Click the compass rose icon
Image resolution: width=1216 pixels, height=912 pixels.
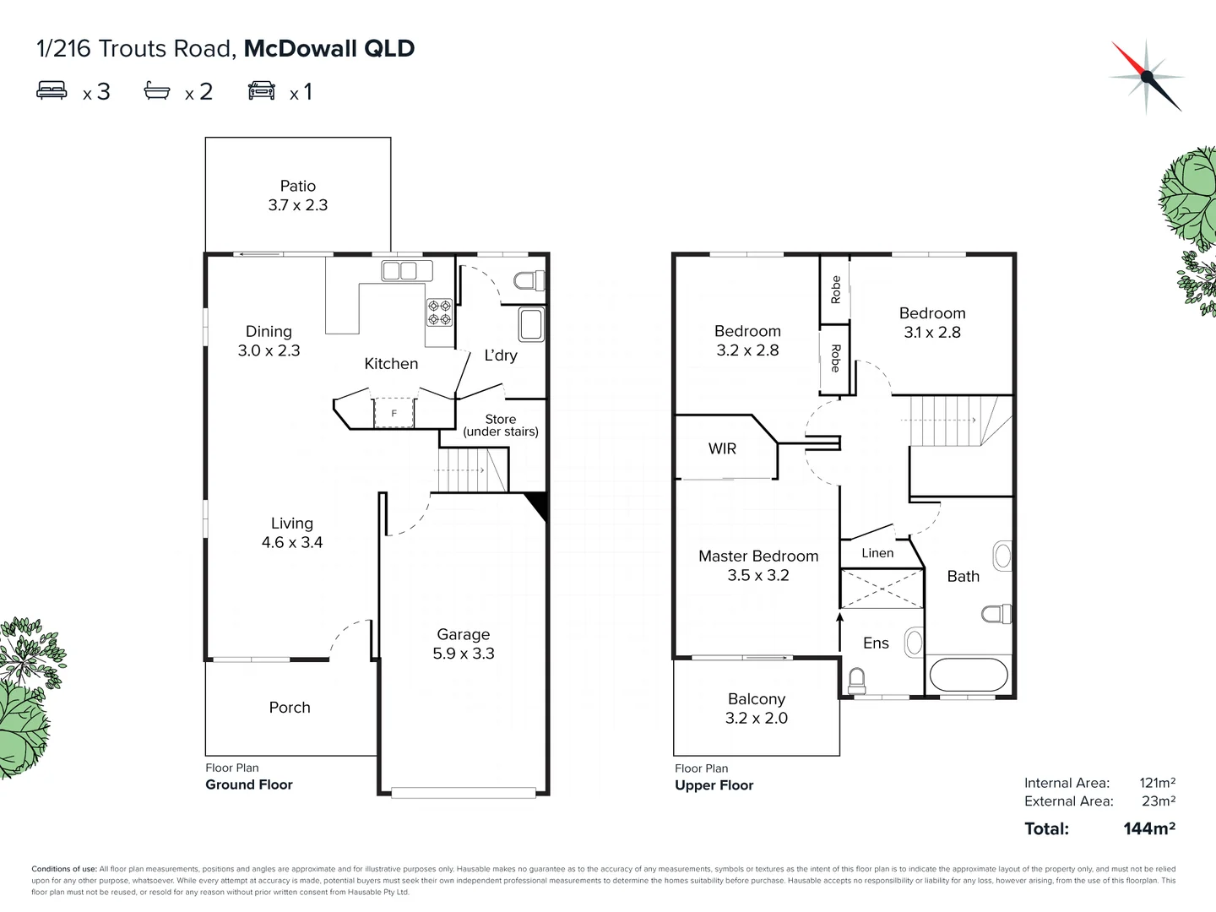[x=1146, y=76]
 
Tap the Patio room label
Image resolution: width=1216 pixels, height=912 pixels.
[x=298, y=195]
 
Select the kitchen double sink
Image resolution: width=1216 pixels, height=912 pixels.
[x=399, y=270]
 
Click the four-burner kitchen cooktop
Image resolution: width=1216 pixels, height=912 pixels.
[x=439, y=312]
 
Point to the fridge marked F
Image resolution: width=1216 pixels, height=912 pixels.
[x=394, y=413]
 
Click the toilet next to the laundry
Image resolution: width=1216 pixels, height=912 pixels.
[x=529, y=280]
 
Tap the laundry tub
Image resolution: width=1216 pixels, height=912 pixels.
[x=531, y=325]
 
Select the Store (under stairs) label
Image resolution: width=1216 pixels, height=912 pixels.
[x=501, y=425]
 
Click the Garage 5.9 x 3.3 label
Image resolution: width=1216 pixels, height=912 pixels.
[x=464, y=643]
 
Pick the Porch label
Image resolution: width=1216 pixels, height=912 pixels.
[x=290, y=708]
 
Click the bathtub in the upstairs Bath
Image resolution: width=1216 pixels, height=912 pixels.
[x=969, y=676]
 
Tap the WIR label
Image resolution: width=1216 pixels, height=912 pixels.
[x=722, y=448]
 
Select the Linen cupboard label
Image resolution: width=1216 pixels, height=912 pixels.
[x=877, y=553]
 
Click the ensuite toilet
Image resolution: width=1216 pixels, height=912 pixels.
[x=856, y=679]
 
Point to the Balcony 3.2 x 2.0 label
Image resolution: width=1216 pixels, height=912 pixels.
[x=757, y=708]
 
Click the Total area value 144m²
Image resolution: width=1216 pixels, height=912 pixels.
[x=1149, y=828]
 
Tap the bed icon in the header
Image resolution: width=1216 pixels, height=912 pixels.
[x=52, y=90]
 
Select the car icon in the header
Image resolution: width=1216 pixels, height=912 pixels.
[x=262, y=90]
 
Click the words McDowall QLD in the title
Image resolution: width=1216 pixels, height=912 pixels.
[x=329, y=48]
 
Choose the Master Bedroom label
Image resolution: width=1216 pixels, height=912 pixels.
[x=758, y=565]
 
